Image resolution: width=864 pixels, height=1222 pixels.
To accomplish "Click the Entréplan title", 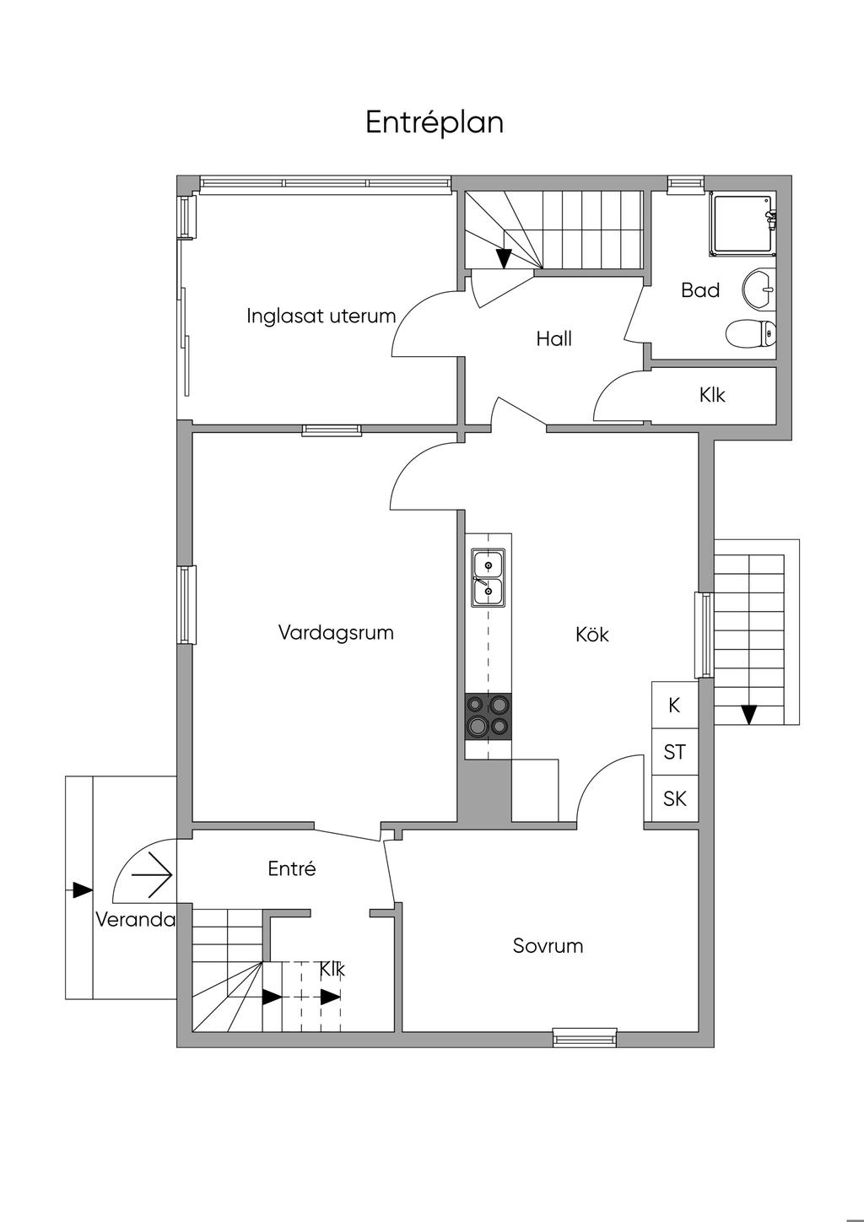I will [435, 122].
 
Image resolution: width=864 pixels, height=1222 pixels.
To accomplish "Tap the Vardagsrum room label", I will [336, 632].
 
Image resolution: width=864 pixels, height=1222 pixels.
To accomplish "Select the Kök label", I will [592, 634].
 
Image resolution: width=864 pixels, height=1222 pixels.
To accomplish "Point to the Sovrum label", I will [548, 946].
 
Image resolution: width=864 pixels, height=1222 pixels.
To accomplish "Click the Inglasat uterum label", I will [321, 316].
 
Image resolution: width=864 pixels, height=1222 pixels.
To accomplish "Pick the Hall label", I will [553, 339].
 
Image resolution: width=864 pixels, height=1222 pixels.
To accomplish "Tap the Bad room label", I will [700, 290].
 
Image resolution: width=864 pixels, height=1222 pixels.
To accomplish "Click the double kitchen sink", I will [488, 578].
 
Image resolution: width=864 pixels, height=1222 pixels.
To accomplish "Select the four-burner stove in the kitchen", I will [488, 716].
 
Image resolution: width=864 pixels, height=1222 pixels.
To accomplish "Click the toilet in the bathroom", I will [750, 333].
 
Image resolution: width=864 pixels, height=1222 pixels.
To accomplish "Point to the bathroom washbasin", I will [759, 289].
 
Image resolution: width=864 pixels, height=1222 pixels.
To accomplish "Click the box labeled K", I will [674, 705].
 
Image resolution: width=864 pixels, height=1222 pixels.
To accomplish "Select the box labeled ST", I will [674, 751].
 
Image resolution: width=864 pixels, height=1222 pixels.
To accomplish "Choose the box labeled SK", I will [674, 798].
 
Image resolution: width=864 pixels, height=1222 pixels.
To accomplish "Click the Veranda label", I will [135, 920].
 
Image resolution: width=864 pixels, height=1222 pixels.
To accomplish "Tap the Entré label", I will [292, 868].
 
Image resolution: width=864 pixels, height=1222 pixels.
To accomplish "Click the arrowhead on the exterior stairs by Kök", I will [748, 715].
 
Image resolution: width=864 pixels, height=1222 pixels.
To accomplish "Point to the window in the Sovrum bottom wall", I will [584, 1037].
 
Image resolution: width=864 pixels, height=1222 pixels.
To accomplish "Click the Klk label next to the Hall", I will [712, 394].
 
